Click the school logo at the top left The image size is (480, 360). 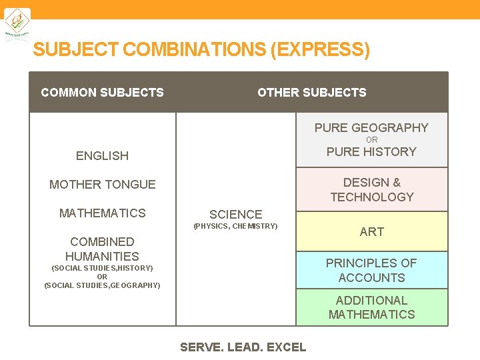(18, 24)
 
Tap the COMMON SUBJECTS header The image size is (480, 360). (102, 93)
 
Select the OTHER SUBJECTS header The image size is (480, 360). (312, 93)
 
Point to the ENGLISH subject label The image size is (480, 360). (102, 156)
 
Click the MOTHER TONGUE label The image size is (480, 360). (102, 185)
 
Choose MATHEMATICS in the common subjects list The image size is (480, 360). (102, 213)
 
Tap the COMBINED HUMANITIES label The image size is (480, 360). (102, 249)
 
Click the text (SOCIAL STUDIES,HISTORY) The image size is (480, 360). (102, 268)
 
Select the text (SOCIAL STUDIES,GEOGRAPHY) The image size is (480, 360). (102, 285)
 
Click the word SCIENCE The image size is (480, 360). (235, 215)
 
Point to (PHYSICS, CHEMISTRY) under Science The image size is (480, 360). (235, 227)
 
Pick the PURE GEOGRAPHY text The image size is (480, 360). (371, 128)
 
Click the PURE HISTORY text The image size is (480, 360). (371, 152)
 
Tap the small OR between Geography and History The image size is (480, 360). (371, 140)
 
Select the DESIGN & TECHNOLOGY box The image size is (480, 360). (371, 189)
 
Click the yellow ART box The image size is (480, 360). (371, 231)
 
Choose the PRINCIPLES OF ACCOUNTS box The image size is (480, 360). (371, 270)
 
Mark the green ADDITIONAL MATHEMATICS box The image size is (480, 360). (371, 307)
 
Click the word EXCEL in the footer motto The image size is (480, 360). (286, 347)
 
